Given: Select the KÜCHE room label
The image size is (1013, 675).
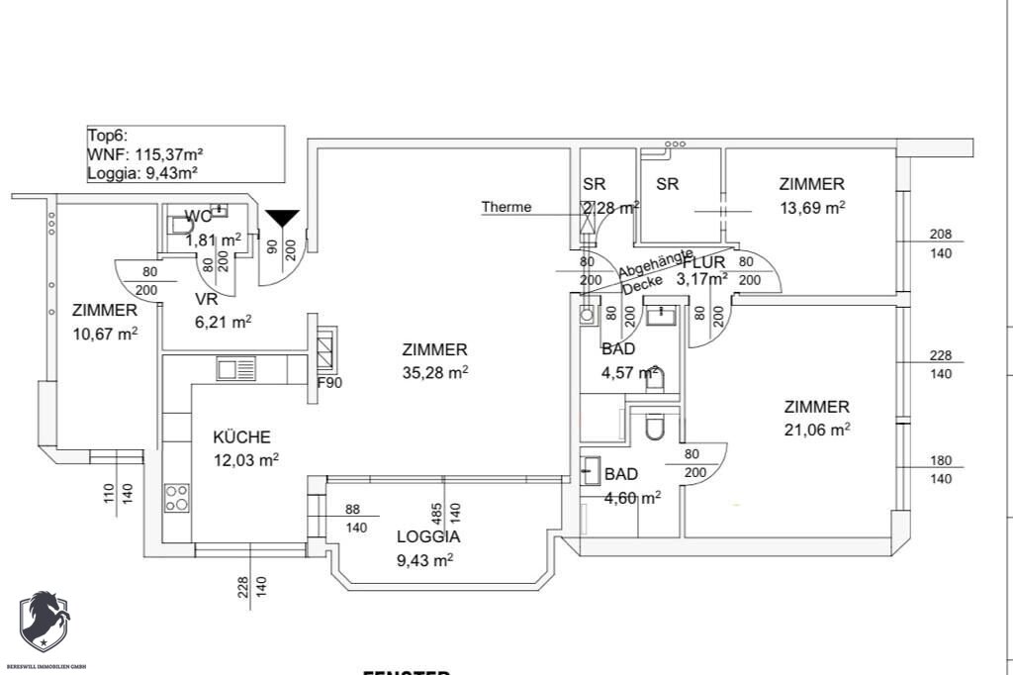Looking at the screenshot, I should pyautogui.click(x=242, y=436).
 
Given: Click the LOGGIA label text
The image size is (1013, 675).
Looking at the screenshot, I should pyautogui.click(x=428, y=537).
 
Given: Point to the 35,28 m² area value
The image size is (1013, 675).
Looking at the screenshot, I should pyautogui.click(x=435, y=372).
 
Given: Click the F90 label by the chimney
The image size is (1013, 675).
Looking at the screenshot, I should pyautogui.click(x=328, y=382).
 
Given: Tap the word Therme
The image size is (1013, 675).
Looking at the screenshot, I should pyautogui.click(x=506, y=207).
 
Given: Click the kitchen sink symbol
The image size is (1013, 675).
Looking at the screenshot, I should pyautogui.click(x=236, y=369).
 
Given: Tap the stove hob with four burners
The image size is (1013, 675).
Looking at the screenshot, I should pyautogui.click(x=177, y=497).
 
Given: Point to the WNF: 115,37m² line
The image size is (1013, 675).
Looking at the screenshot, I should pyautogui.click(x=145, y=154).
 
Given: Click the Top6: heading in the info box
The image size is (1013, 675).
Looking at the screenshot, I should pyautogui.click(x=109, y=137).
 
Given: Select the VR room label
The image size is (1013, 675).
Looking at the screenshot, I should pyautogui.click(x=206, y=298).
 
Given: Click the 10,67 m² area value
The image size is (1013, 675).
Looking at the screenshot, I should pyautogui.click(x=105, y=333).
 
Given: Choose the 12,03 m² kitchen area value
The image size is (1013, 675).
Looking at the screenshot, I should pyautogui.click(x=246, y=459).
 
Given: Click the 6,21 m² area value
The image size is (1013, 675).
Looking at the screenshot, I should pyautogui.click(x=223, y=321).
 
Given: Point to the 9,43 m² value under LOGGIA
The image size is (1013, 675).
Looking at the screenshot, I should pyautogui.click(x=424, y=560).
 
